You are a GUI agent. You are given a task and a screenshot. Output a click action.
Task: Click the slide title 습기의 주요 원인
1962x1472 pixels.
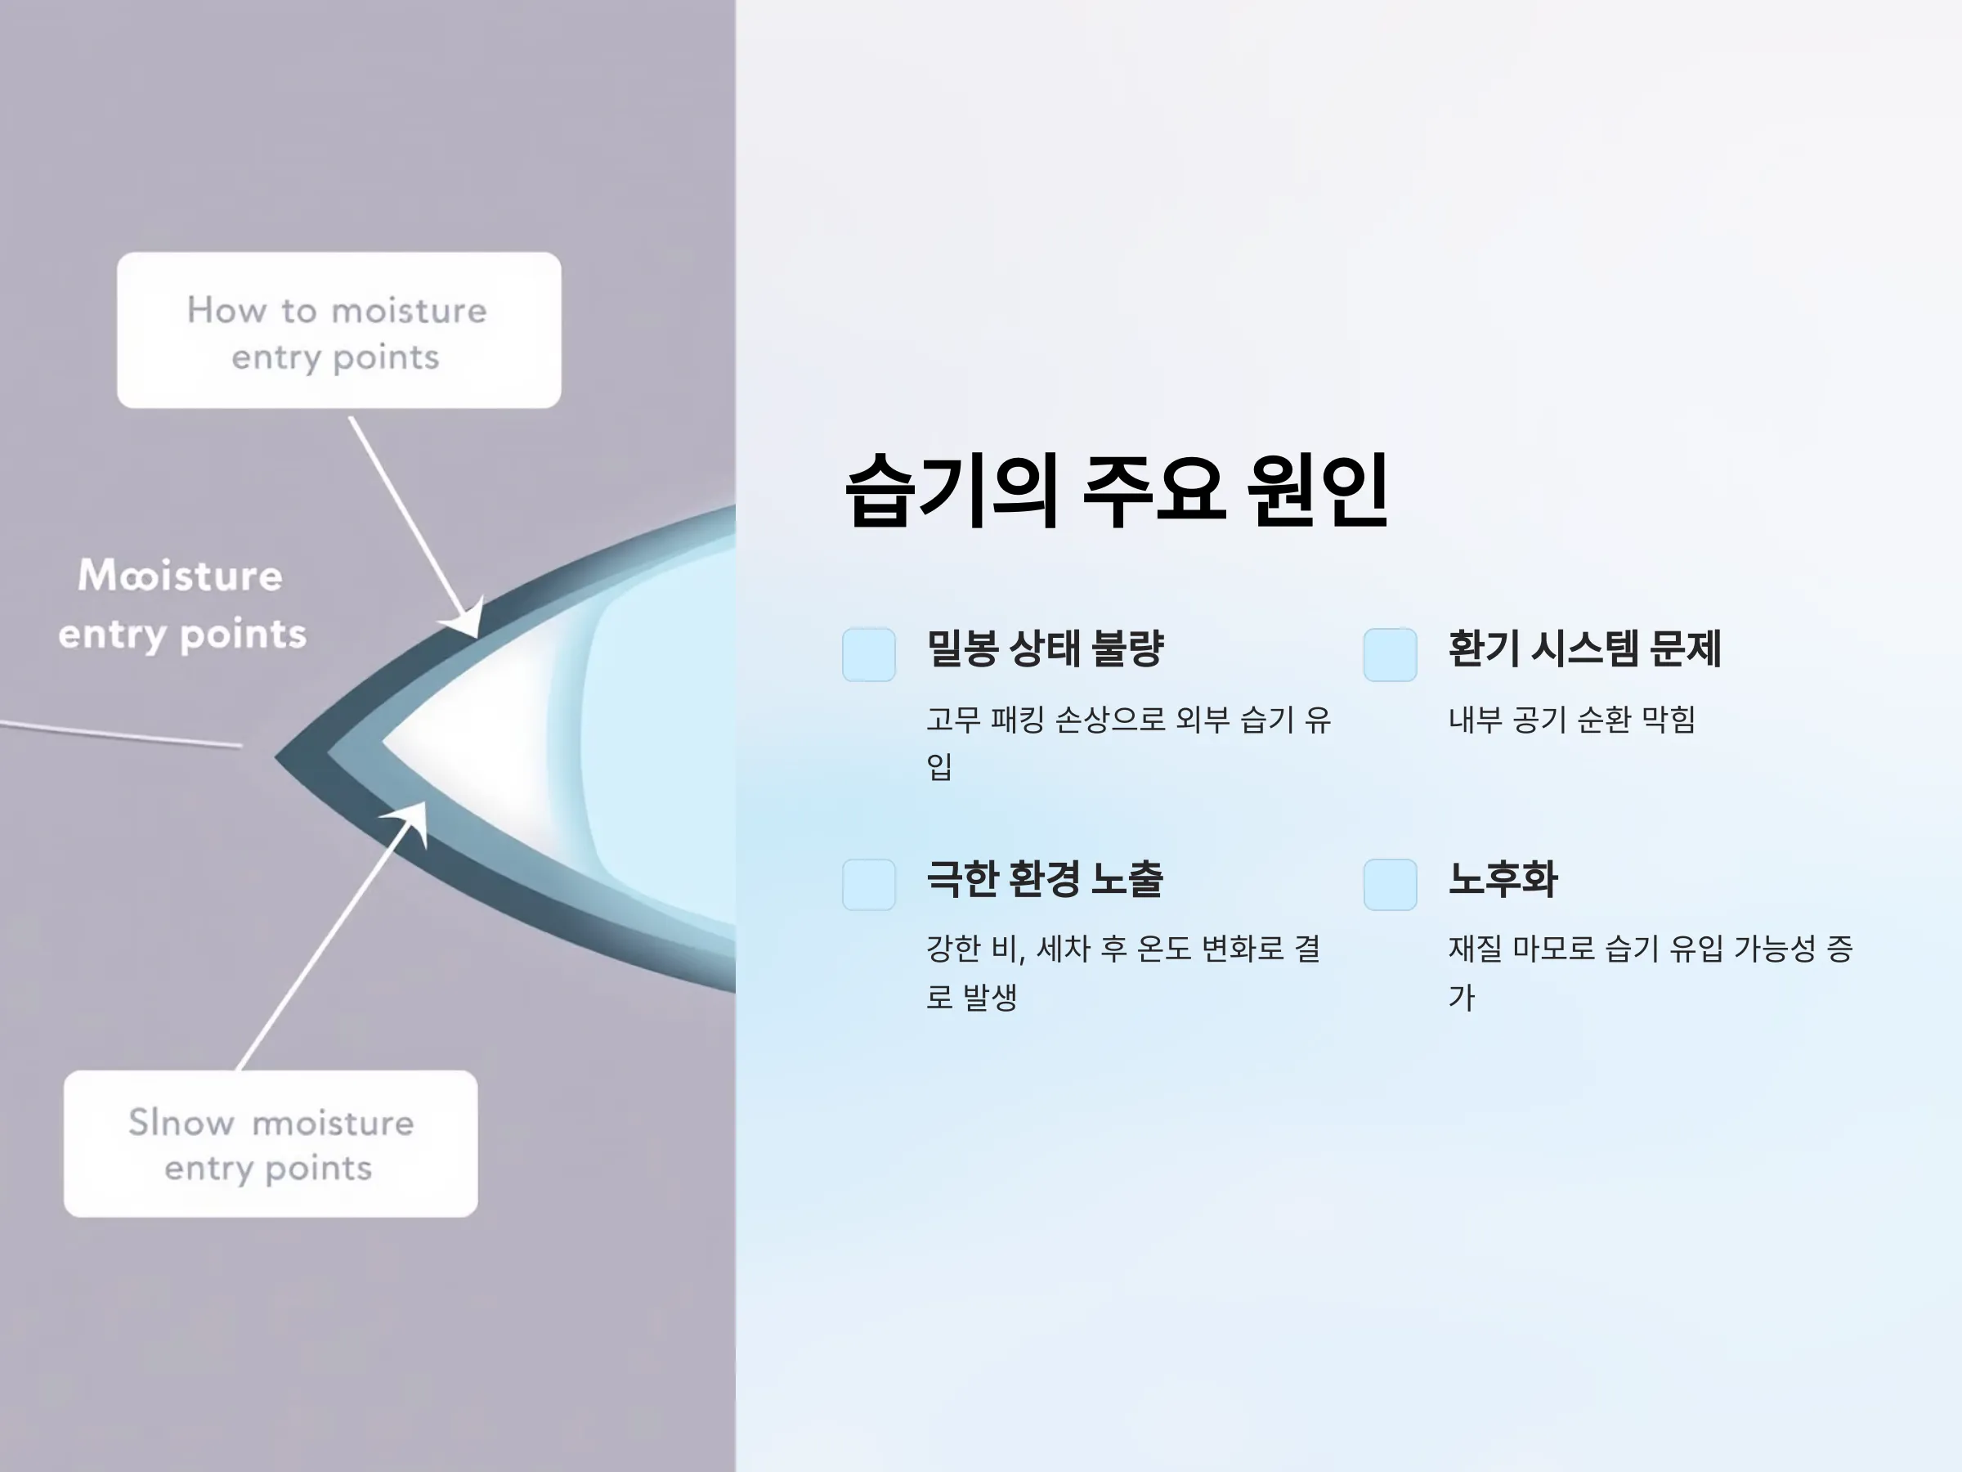[x=1116, y=491]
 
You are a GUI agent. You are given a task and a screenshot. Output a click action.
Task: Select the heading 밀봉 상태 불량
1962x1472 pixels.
[x=1045, y=648]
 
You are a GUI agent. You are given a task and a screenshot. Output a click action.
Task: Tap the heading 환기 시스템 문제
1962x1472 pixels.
[x=1584, y=648]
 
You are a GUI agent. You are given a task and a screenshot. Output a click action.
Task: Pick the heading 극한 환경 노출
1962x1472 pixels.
[x=1045, y=879]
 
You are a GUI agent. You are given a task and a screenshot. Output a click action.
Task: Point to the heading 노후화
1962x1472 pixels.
[x=1503, y=879]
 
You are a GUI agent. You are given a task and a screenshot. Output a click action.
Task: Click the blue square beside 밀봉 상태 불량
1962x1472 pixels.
[x=869, y=655]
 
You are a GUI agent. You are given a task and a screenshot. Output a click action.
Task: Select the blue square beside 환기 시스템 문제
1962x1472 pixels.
[x=1390, y=655]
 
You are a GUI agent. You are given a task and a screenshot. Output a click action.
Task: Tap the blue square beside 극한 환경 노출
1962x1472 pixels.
[x=869, y=885]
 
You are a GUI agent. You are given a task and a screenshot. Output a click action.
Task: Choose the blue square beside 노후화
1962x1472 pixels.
[x=1390, y=885]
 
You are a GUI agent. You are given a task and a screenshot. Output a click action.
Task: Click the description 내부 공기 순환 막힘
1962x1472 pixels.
[x=1572, y=720]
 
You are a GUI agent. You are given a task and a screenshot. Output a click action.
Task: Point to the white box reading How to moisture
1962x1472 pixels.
[x=338, y=330]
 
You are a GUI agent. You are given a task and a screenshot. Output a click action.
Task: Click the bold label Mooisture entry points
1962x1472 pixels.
[x=181, y=604]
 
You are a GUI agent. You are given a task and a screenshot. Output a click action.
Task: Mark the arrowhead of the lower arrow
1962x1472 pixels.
[x=410, y=822]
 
